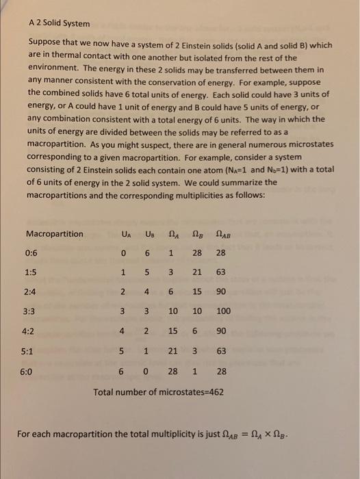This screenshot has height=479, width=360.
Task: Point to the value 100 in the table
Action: point(223,311)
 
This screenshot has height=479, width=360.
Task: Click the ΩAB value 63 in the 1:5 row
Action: point(221,272)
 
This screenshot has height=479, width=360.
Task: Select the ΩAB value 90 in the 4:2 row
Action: point(221,331)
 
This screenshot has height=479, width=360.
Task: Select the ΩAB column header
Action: point(223,234)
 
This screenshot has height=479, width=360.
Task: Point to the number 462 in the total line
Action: point(214,393)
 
